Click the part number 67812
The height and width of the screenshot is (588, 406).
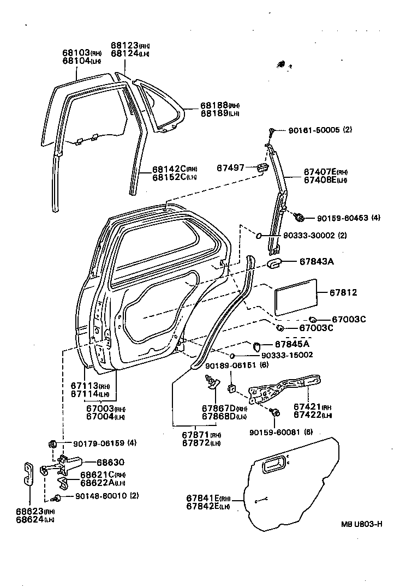click(x=342, y=293)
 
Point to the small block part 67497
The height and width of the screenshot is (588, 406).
click(x=262, y=167)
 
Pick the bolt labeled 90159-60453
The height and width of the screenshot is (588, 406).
click(x=298, y=218)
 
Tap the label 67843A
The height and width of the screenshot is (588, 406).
click(x=324, y=261)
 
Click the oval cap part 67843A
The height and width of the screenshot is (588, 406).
click(x=273, y=264)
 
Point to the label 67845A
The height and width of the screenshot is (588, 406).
click(x=291, y=344)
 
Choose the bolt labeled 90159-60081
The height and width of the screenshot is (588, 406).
click(x=276, y=412)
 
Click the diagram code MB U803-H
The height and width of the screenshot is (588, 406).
click(x=361, y=525)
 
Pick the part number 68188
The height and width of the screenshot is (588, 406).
click(x=212, y=105)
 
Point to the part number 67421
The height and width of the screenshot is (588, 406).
click(x=308, y=406)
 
